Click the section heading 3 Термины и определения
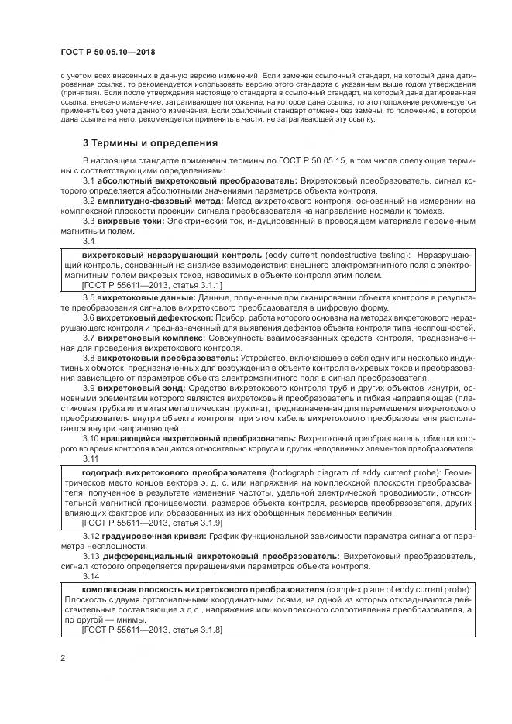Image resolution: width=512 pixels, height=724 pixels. pyautogui.click(x=150, y=142)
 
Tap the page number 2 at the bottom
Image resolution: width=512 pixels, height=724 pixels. pyautogui.click(x=62, y=658)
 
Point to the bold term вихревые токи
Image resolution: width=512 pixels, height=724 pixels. pyautogui.click(x=131, y=221)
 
